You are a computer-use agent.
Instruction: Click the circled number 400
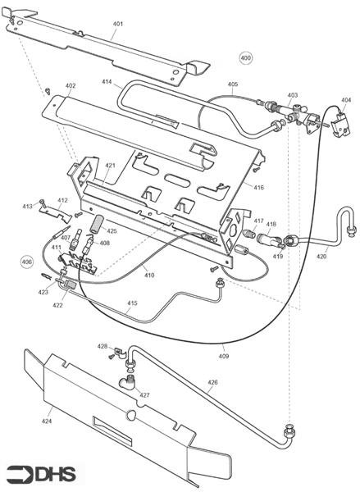(245, 57)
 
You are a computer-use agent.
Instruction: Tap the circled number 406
(27, 262)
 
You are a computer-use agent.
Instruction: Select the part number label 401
(118, 24)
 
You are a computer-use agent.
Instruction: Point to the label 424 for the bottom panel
(47, 421)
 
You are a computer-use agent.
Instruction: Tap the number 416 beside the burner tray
(258, 187)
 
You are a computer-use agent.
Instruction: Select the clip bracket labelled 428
(120, 353)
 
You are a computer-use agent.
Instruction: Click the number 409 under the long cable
(224, 356)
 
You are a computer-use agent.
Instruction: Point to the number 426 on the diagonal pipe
(212, 382)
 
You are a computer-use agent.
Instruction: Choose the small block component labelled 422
(71, 285)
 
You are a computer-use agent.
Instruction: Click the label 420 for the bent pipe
(321, 257)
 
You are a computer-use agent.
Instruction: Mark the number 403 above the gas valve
(293, 95)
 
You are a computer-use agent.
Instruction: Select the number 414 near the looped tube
(107, 81)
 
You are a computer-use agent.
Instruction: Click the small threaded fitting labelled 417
(248, 234)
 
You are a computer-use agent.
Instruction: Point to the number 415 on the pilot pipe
(133, 303)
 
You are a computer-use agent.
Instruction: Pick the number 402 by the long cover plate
(71, 85)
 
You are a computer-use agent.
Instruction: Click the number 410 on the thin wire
(149, 275)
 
